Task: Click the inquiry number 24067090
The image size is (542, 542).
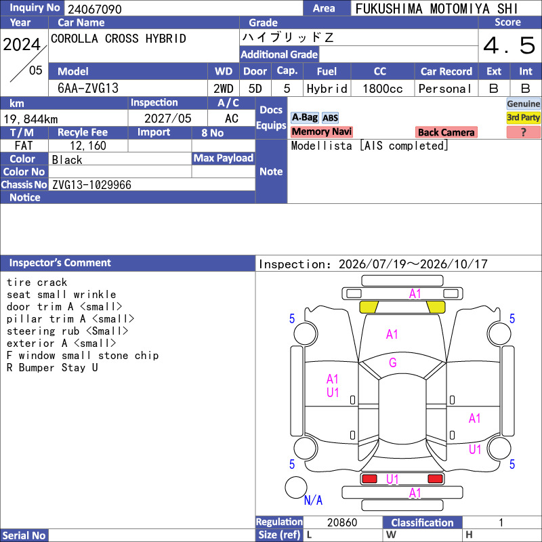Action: click(95, 9)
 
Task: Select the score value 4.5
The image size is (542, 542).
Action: click(509, 45)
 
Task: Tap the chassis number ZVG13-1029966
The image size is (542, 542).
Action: click(91, 185)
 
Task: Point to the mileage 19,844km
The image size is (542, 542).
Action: click(30, 119)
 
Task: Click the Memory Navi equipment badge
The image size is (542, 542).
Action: click(321, 131)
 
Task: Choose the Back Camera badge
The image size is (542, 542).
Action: click(446, 132)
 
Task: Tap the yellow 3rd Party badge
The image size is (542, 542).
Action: click(523, 117)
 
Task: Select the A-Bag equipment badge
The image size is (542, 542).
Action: click(304, 117)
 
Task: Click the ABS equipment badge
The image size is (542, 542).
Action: click(330, 118)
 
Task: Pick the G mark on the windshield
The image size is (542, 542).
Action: click(393, 362)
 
